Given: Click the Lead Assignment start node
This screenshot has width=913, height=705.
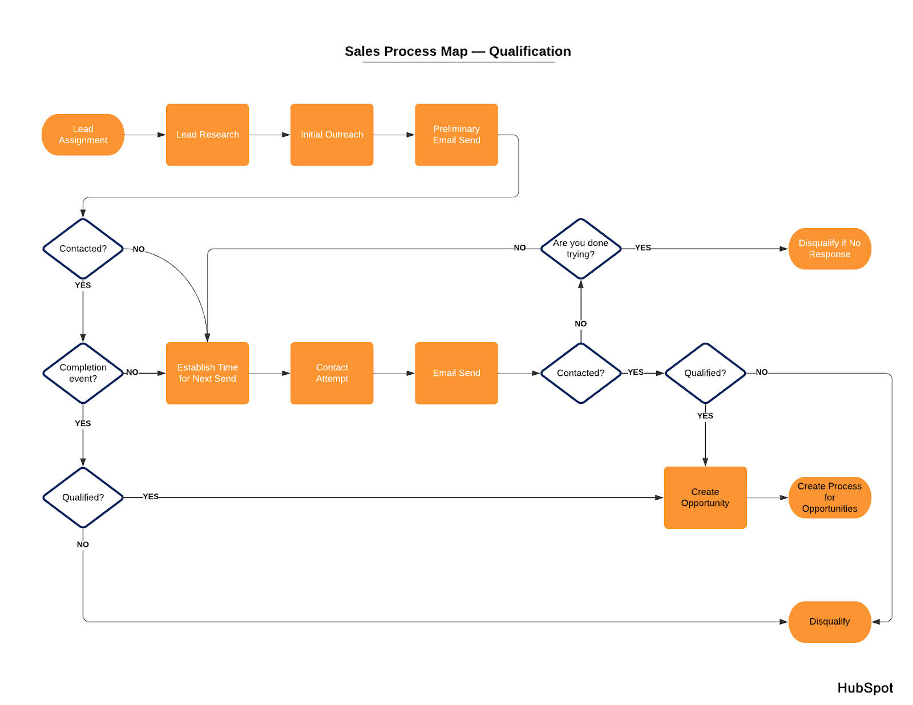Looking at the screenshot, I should [83, 135].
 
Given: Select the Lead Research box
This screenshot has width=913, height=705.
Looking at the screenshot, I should [207, 135].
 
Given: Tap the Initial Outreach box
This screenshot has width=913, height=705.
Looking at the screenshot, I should [332, 135].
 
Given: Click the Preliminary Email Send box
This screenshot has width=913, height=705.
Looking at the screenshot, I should [456, 135].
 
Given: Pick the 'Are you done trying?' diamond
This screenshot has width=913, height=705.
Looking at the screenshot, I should [580, 249].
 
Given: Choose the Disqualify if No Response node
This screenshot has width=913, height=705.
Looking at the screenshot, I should [829, 249].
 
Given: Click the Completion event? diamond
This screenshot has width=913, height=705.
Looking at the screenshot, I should [83, 373].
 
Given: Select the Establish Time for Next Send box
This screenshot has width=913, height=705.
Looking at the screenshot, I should [207, 373].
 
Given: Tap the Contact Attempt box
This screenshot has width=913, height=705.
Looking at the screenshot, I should [332, 373].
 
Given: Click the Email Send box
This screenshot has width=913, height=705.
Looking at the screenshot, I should [456, 373].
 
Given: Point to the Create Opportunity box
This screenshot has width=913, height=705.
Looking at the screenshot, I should [705, 497].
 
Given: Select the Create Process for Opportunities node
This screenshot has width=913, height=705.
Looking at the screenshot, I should [829, 497].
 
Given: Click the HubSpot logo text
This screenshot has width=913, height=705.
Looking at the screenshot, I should [864, 688].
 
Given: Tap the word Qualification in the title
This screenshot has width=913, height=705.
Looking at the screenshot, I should [530, 51].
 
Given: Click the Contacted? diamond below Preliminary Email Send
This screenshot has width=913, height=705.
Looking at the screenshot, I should [83, 249].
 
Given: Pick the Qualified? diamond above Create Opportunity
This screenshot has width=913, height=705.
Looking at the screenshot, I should [705, 373].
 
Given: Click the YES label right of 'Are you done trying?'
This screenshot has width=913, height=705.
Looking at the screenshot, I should [643, 248].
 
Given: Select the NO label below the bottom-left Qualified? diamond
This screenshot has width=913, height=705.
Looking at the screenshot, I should [83, 544].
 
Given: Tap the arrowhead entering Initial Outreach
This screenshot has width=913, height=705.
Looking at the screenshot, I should [286, 135].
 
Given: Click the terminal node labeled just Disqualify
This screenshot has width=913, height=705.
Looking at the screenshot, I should [829, 622].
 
